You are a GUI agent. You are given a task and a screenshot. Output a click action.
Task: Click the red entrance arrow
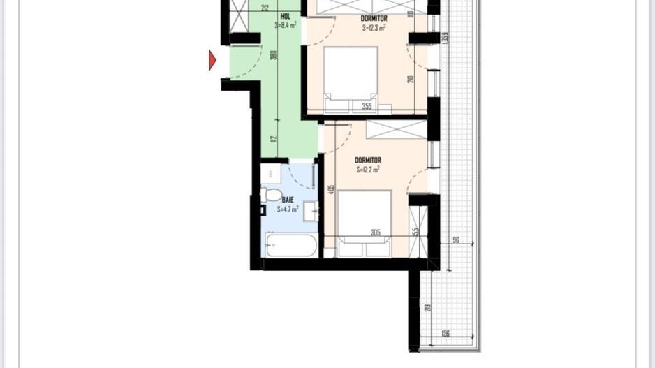coord(213,61)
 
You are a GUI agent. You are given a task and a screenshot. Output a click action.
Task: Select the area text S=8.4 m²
coord(286,24)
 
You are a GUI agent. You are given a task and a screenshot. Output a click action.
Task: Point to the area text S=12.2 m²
coord(368,170)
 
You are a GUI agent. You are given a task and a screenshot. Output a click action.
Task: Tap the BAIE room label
coord(288,200)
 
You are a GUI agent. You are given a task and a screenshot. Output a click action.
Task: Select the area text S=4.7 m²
coord(288,209)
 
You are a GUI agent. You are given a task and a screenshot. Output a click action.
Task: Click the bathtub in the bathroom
coord(291,245)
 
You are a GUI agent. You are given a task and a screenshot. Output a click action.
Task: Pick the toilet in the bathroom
coord(271,195)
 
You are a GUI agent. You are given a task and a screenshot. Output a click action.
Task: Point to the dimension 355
coord(367,107)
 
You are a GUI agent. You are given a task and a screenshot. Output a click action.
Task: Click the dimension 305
coord(376,233)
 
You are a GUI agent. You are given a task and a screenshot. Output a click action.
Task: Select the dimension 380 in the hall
coord(274,54)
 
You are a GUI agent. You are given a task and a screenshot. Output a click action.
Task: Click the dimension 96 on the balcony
coord(455,240)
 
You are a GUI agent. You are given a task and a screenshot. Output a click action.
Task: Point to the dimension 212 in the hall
coord(265,8)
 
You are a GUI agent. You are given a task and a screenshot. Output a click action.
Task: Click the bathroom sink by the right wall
coord(311,210)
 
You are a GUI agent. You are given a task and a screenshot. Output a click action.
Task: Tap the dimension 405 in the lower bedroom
coord(331,189)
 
